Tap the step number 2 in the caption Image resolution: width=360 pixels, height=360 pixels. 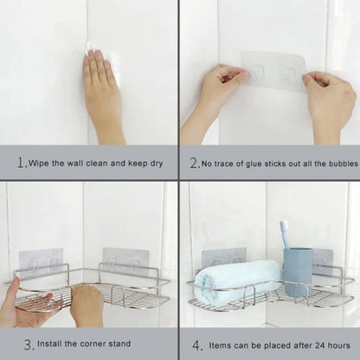click(195, 162)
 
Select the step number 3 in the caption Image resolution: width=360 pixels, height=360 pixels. click(29, 344)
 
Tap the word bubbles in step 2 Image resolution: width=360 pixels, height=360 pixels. click(337, 162)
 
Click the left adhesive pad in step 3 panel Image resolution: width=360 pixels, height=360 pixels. click(42, 261)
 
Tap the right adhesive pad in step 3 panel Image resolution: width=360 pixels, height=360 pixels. click(125, 260)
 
